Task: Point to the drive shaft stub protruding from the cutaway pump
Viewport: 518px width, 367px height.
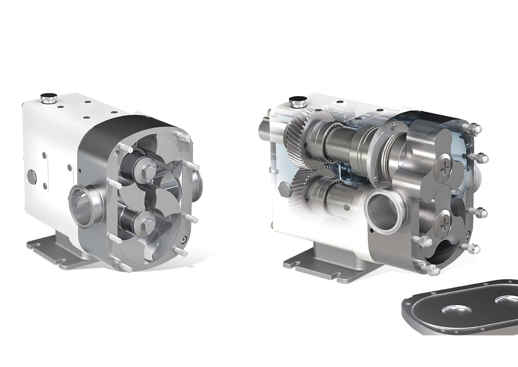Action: coord(265,130)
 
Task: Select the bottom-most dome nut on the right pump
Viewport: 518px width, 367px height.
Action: coord(433,271)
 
